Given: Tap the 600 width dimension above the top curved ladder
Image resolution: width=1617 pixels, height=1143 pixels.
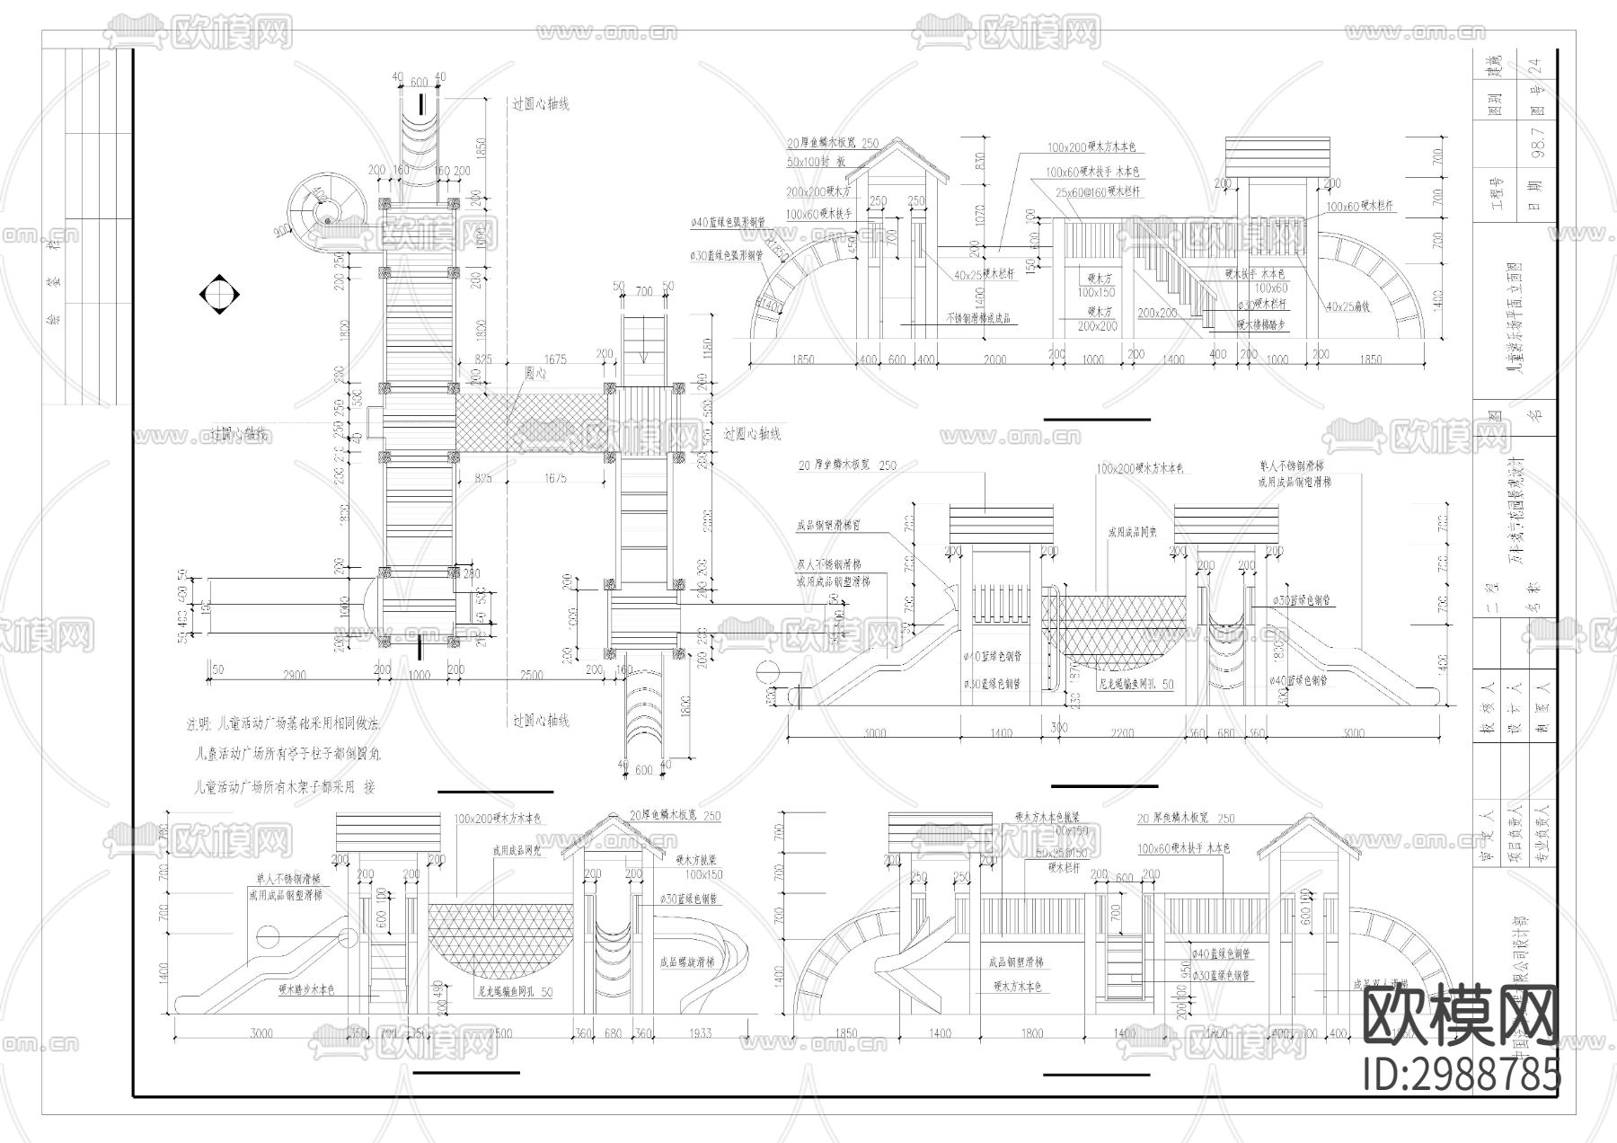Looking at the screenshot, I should coord(419,82).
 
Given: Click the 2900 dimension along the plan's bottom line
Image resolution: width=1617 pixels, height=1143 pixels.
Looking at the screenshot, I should coord(293,674).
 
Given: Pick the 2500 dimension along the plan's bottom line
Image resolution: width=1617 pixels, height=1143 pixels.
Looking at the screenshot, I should coord(531,674).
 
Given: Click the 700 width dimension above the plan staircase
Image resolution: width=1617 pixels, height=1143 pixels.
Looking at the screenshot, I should coord(643,292).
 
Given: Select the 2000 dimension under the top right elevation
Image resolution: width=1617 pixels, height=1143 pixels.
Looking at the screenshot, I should coord(994,359).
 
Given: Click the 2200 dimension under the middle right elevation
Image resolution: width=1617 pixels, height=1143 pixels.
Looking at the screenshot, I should coord(1121,733).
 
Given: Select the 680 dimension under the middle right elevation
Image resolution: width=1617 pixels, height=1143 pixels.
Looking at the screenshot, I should coord(1225,733).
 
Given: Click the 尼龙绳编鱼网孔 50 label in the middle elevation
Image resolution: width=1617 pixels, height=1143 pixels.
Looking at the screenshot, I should coord(1135,684).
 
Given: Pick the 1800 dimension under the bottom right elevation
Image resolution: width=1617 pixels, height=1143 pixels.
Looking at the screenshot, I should coord(1031,1033).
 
